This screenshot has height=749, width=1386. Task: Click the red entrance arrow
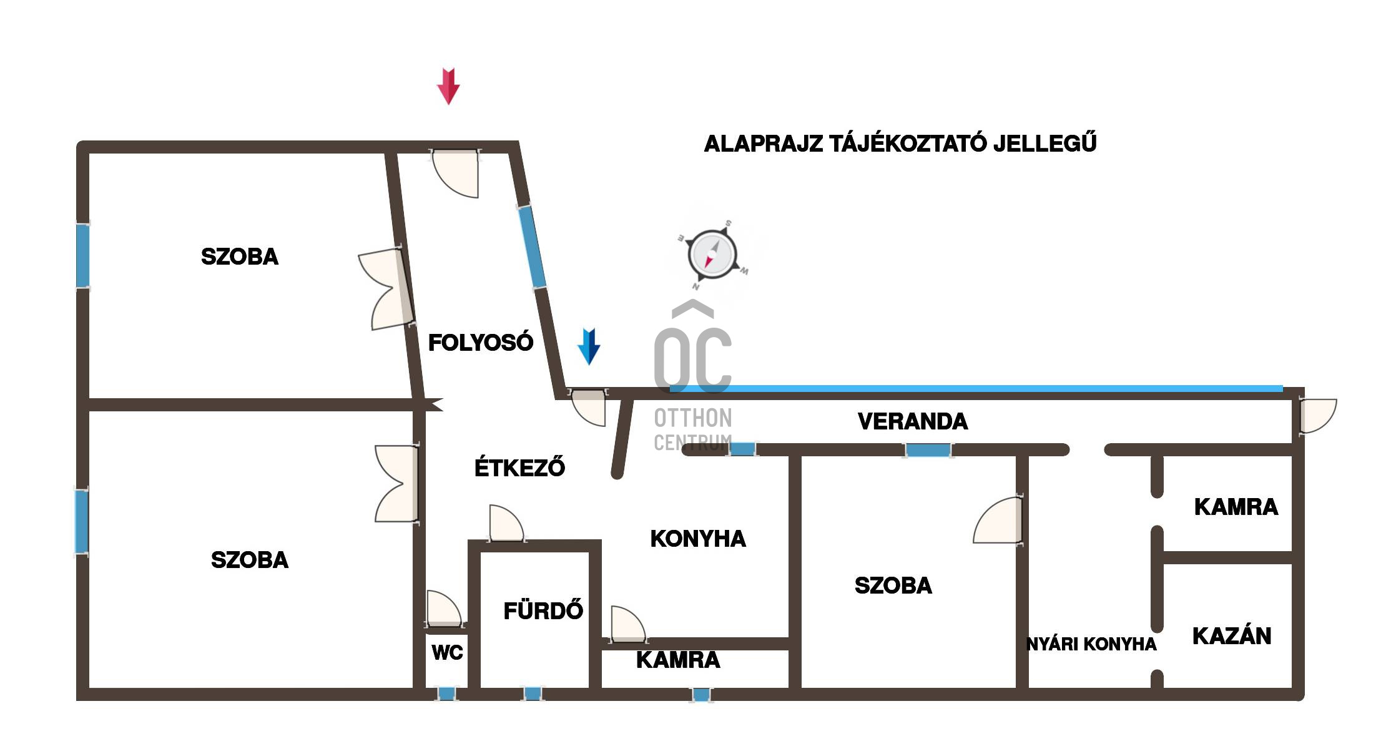pyautogui.click(x=448, y=86)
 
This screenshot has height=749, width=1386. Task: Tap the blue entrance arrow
pyautogui.click(x=589, y=346)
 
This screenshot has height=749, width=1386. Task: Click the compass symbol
pyautogui.click(x=712, y=255)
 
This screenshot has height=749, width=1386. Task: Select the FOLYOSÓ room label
pyautogui.click(x=480, y=343)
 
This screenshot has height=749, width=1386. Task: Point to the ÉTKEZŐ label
pyautogui.click(x=519, y=468)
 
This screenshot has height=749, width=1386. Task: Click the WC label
pyautogui.click(x=447, y=653)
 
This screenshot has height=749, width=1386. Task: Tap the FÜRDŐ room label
pyautogui.click(x=543, y=611)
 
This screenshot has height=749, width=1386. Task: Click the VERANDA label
pyautogui.click(x=913, y=422)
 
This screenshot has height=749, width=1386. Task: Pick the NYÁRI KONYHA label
pyautogui.click(x=1091, y=644)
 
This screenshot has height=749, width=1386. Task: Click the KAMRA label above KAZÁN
pyautogui.click(x=1236, y=507)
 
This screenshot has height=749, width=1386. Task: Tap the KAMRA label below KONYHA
pyautogui.click(x=678, y=660)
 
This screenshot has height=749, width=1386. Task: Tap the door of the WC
pyautogui.click(x=443, y=609)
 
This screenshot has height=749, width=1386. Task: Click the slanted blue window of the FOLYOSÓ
pyautogui.click(x=532, y=247)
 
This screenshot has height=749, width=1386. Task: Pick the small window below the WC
pyautogui.click(x=446, y=693)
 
